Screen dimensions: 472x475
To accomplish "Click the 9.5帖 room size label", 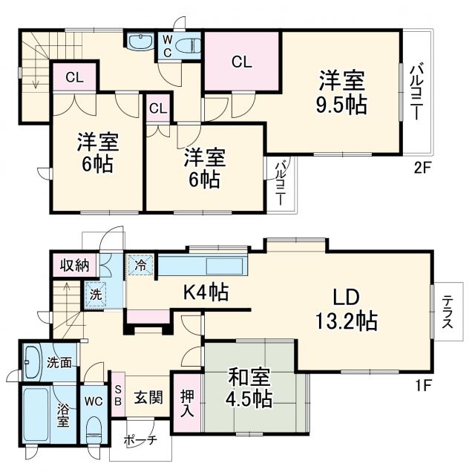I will click(342, 105).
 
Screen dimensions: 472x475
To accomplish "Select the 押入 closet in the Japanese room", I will click(186, 401).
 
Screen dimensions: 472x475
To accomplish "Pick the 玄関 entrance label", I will click(148, 398).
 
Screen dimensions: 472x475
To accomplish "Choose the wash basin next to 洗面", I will click(33, 363).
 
